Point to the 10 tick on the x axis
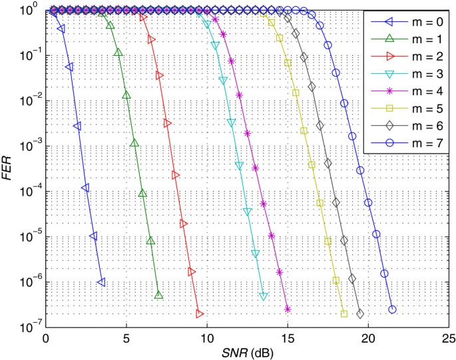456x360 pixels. (x=206, y=337)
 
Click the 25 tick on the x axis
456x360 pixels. (x=449, y=337)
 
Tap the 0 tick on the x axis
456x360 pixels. (x=45, y=337)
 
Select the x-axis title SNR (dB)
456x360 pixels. (x=247, y=351)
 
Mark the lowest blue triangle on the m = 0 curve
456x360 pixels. (x=101, y=283)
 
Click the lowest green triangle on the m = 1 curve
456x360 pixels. (x=158, y=295)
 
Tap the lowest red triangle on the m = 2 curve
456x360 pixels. (x=199, y=313)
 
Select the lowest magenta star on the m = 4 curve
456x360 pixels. (x=288, y=309)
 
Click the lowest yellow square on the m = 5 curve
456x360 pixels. (x=344, y=313)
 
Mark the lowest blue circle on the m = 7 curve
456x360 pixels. (x=392, y=309)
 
